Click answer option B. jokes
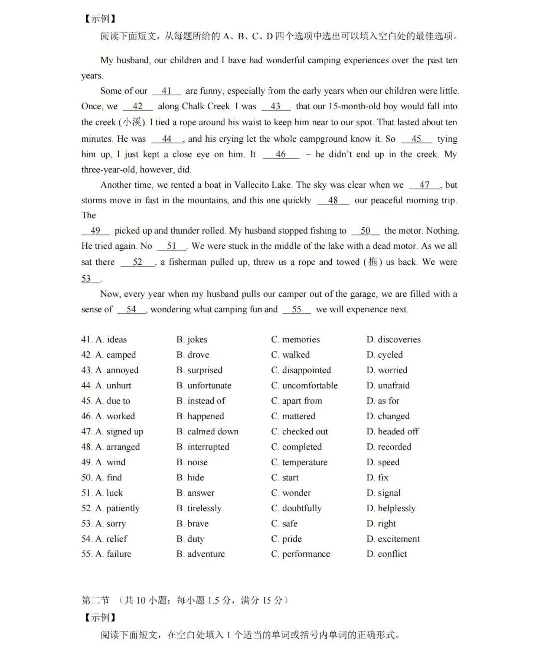coord(192,339)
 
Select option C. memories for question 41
coord(295,339)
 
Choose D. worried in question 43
coord(387,370)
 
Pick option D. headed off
coord(393,431)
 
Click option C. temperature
coord(299,462)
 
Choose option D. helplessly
coord(391,508)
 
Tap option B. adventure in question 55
coord(201,554)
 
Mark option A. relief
coord(111,539)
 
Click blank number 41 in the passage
coord(167,91)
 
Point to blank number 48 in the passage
coord(333,200)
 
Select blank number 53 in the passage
coord(87,278)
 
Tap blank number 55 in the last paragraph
coord(297,309)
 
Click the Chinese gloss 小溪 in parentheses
coord(132,122)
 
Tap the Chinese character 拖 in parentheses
coord(373,262)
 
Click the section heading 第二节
coord(95,600)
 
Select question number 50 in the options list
coord(86,477)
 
